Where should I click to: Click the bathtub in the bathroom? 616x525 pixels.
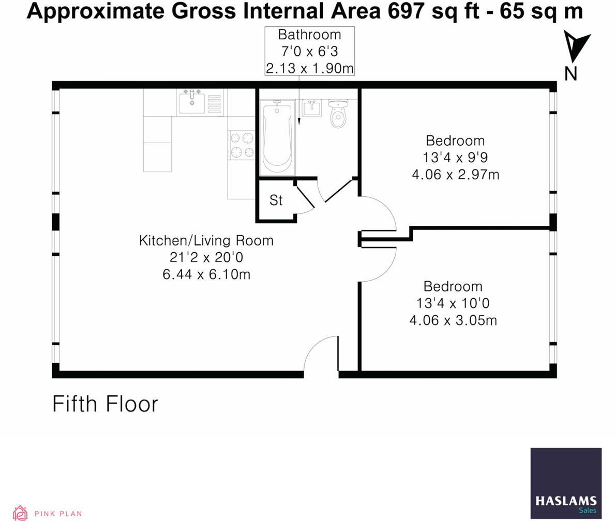tap(278, 137)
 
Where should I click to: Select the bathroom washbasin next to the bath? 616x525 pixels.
tap(311, 109)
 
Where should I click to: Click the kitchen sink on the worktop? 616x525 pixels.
tap(192, 101)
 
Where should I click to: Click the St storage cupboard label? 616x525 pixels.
tap(276, 200)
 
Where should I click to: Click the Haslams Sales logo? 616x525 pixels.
tap(566, 483)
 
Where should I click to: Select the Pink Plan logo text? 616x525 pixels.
tap(58, 514)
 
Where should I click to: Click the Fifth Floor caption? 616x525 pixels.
tap(105, 404)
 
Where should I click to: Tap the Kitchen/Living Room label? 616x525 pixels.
tap(206, 240)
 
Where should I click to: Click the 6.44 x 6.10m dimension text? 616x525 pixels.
tap(206, 274)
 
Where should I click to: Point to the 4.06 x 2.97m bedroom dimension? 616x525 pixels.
tap(455, 175)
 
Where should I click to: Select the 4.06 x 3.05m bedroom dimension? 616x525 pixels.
tap(453, 320)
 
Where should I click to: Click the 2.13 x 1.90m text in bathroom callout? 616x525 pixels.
tap(309, 68)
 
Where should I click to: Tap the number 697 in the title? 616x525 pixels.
tap(408, 10)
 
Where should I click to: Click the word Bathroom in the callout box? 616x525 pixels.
tap(309, 35)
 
